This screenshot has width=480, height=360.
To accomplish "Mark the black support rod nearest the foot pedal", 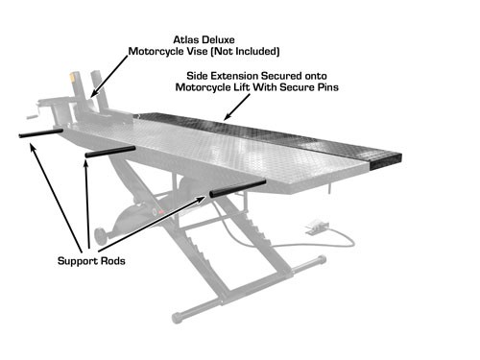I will point(236,187).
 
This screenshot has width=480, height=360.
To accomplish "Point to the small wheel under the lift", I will point(99,233).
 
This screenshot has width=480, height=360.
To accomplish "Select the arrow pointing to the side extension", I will point(230,106).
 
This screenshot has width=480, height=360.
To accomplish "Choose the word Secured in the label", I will point(282,73).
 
